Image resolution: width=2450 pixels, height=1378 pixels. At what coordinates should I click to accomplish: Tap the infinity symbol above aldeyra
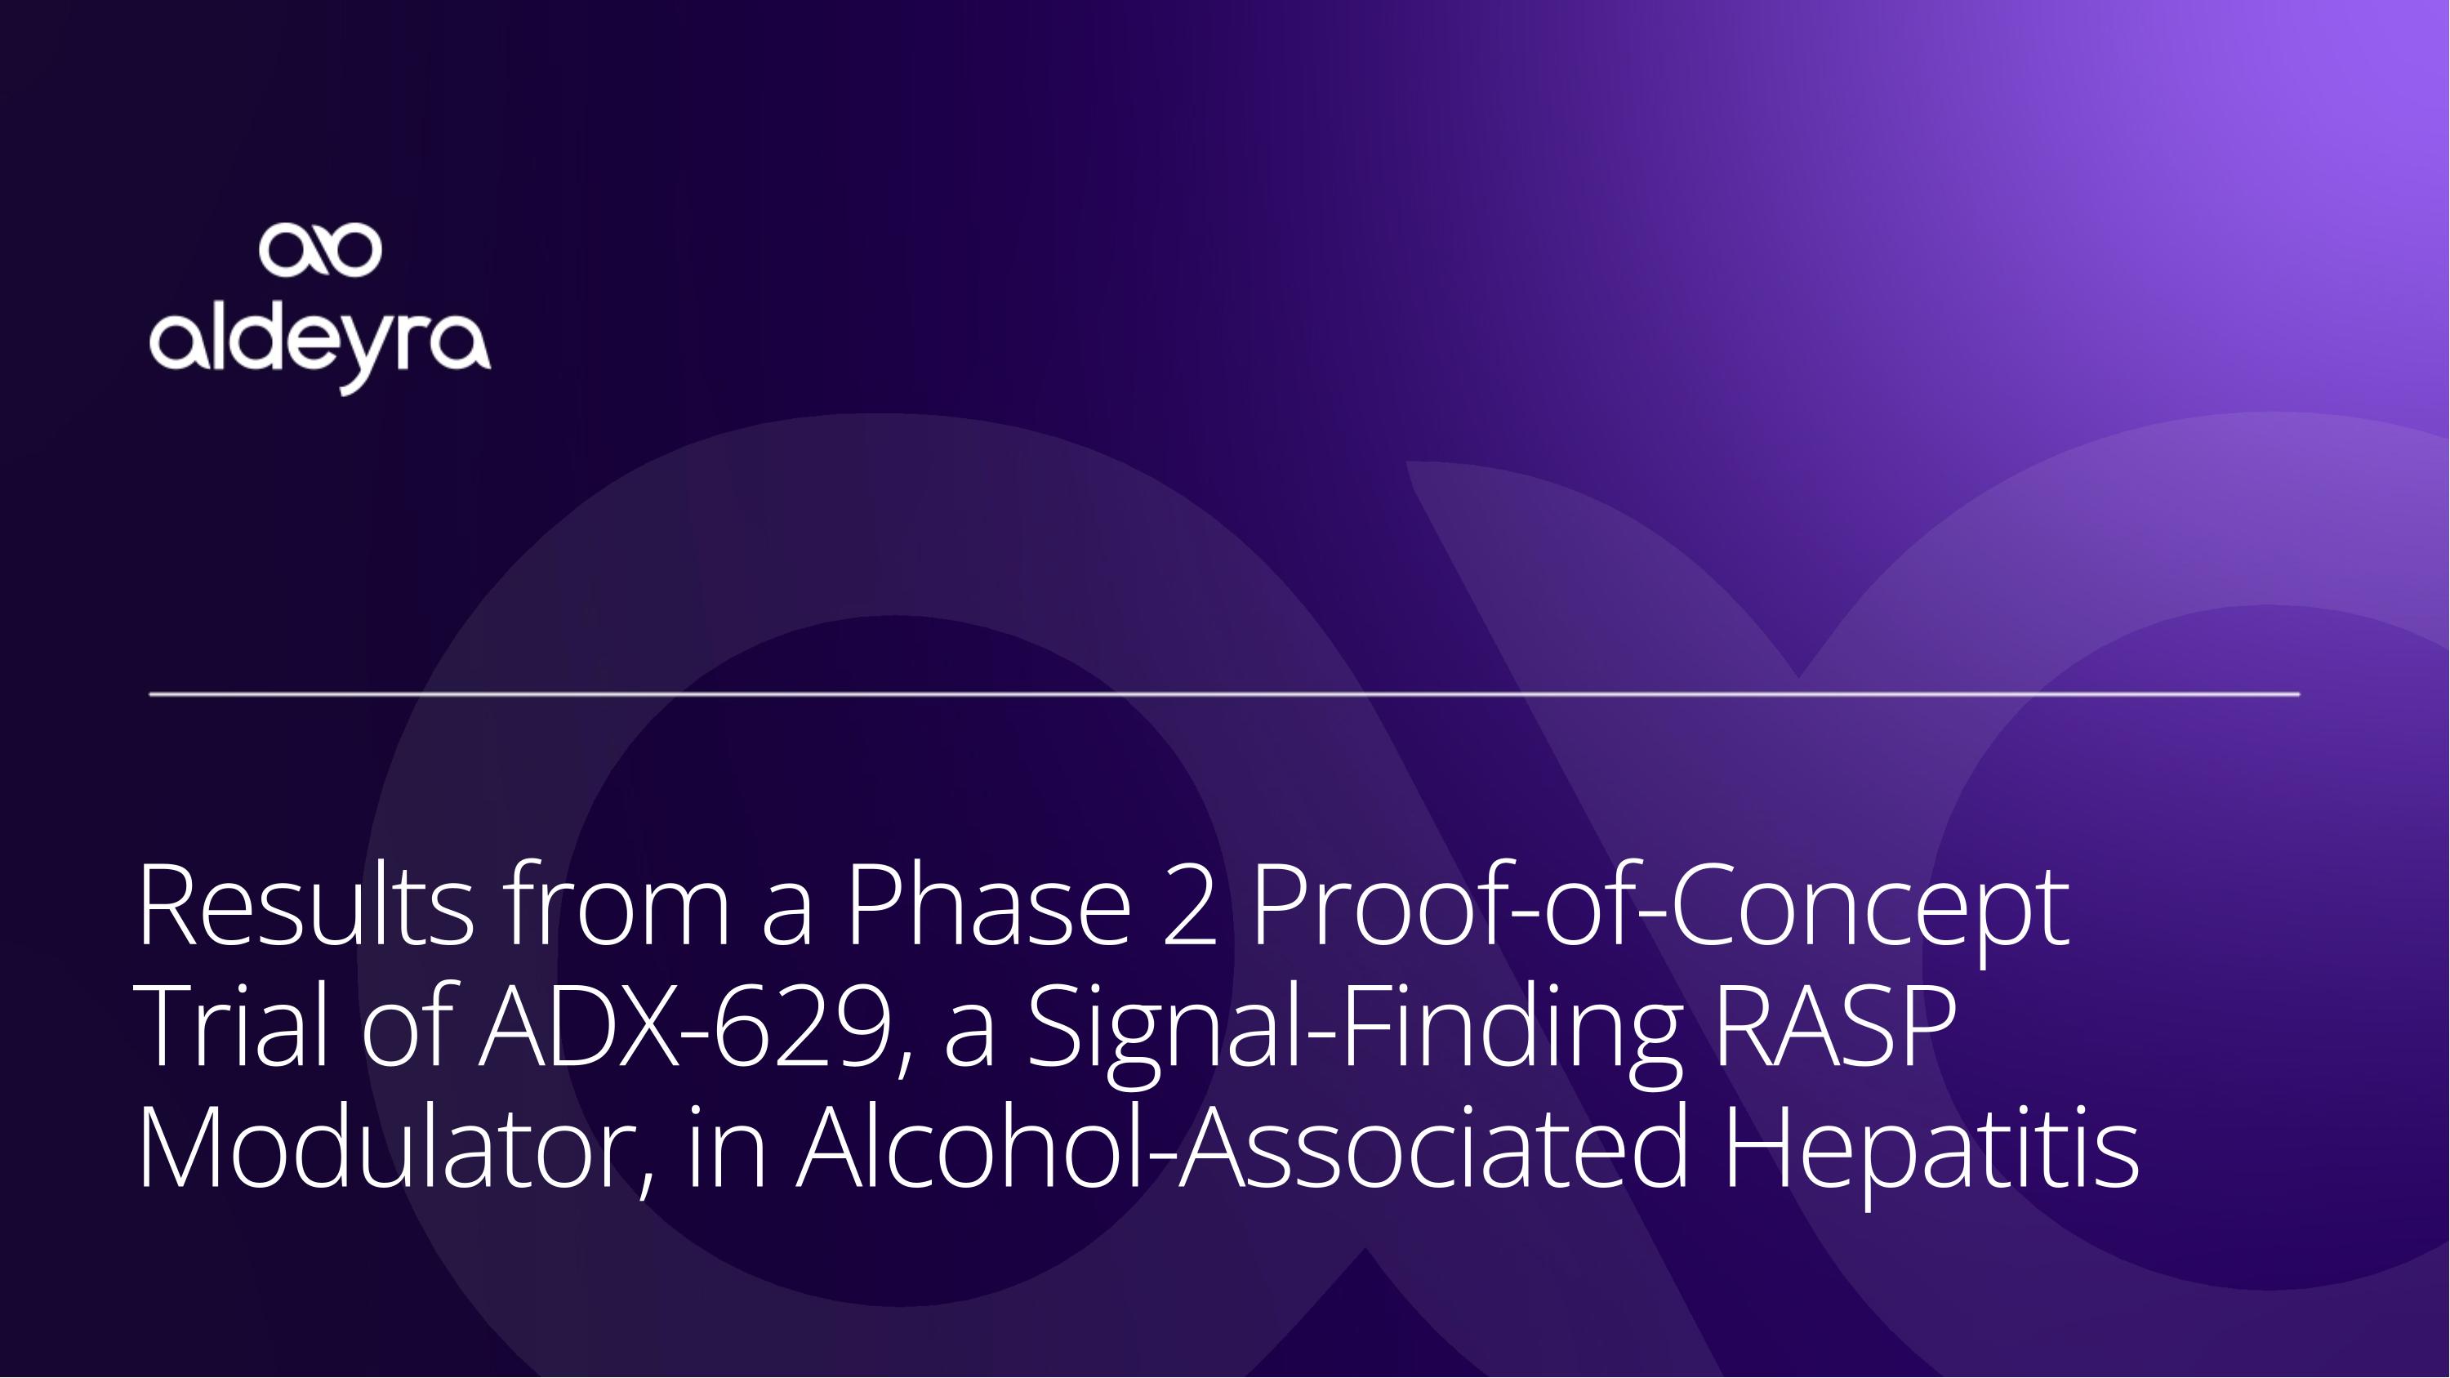click(x=320, y=250)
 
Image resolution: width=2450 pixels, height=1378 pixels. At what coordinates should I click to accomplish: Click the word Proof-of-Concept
click(x=1660, y=911)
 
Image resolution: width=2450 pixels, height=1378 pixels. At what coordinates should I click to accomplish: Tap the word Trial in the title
click(x=232, y=1026)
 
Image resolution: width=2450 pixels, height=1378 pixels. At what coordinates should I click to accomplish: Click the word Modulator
click(x=386, y=1148)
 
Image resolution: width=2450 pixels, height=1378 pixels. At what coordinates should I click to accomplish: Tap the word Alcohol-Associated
click(x=1243, y=1148)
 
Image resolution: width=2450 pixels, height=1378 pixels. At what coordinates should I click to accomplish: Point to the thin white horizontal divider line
click(x=1224, y=694)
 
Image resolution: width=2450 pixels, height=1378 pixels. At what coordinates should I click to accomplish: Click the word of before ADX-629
click(x=404, y=1026)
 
